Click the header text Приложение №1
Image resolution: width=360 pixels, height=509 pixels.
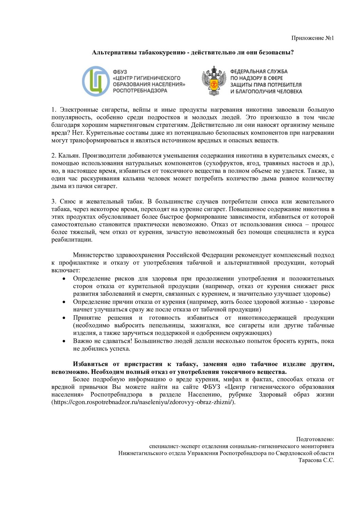pos(312,38)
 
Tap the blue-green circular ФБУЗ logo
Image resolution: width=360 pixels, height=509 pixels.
pos(96,81)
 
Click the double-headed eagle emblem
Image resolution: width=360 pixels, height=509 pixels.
pos(214,81)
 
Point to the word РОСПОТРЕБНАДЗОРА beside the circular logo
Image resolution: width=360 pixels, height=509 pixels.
pos(140,91)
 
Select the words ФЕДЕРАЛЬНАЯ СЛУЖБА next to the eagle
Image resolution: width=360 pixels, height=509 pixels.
pos(259,72)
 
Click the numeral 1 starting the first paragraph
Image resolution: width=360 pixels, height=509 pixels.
pos(53,110)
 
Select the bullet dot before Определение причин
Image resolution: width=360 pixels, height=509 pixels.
pos(64,302)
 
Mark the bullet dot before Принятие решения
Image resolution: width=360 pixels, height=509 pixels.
pos(64,318)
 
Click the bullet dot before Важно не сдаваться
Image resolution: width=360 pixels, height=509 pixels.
pos(64,341)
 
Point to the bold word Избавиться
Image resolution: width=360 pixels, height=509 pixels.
pos(90,364)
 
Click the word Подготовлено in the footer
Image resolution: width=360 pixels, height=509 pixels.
pos(315,439)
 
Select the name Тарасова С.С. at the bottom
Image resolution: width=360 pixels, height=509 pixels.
pos(316,460)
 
